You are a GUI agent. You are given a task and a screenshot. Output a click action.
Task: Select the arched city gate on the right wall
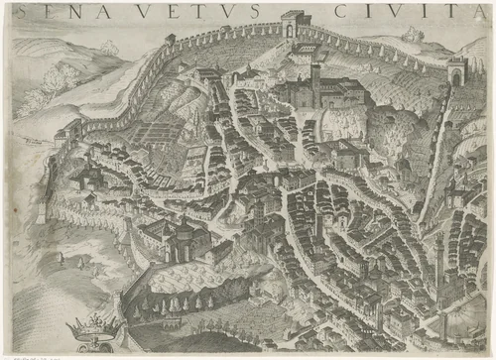456,71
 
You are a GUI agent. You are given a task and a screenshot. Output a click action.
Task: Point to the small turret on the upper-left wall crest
171,41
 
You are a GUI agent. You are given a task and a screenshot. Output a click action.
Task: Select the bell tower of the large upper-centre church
314,74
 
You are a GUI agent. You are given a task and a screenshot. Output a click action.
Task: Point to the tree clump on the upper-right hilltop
412,34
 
